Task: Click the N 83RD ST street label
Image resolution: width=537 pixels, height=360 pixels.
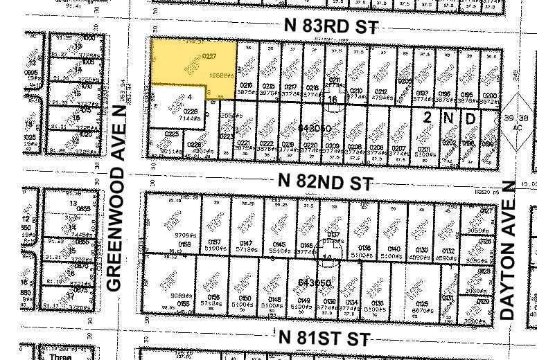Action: click(332, 26)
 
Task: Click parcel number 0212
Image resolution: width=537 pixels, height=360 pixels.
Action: click(378, 90)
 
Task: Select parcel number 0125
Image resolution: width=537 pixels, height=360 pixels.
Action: click(418, 302)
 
